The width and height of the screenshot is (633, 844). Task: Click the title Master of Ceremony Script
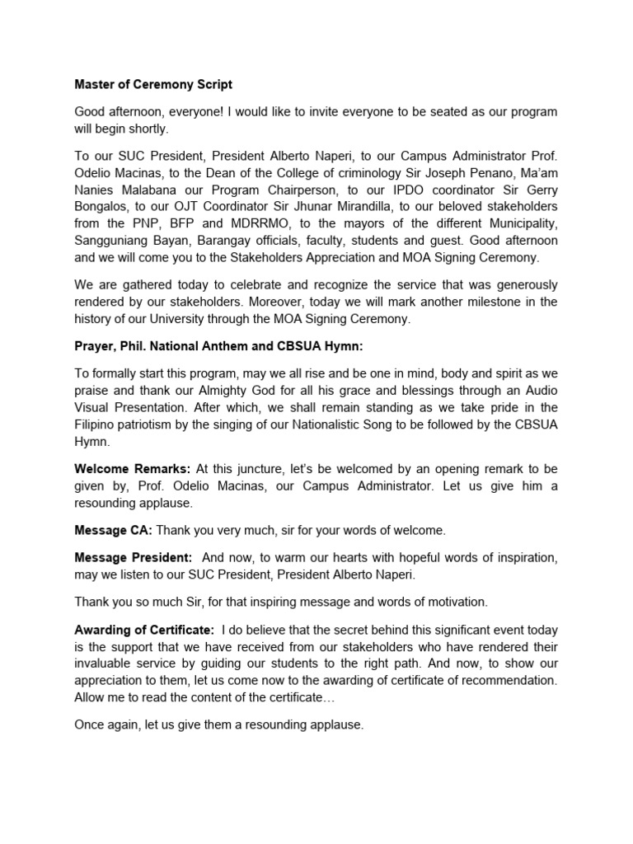pyautogui.click(x=153, y=84)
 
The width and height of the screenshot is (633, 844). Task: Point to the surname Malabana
pyautogui.click(x=158, y=190)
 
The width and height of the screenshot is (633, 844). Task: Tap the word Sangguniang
pyautogui.click(x=115, y=241)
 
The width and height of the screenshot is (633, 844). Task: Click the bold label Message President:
pyautogui.click(x=134, y=558)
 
